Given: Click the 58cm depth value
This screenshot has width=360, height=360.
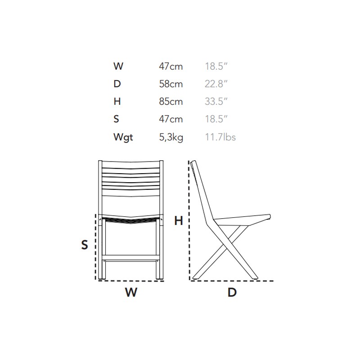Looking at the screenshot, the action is [171, 84].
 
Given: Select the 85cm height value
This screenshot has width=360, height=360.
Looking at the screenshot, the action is [171, 101].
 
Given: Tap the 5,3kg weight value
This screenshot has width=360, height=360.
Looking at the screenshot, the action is [171, 137].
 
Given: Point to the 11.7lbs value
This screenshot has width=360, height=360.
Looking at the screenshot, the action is [220, 137].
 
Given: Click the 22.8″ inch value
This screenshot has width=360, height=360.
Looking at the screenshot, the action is [216, 84].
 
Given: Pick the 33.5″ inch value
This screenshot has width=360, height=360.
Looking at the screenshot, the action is [216, 101].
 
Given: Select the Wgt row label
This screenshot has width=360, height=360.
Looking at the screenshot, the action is [123, 137].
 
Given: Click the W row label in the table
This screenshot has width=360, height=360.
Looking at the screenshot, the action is [118, 66].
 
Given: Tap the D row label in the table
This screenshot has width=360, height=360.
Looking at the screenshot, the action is [117, 84].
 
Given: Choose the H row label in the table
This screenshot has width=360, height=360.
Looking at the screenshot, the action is [117, 101].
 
